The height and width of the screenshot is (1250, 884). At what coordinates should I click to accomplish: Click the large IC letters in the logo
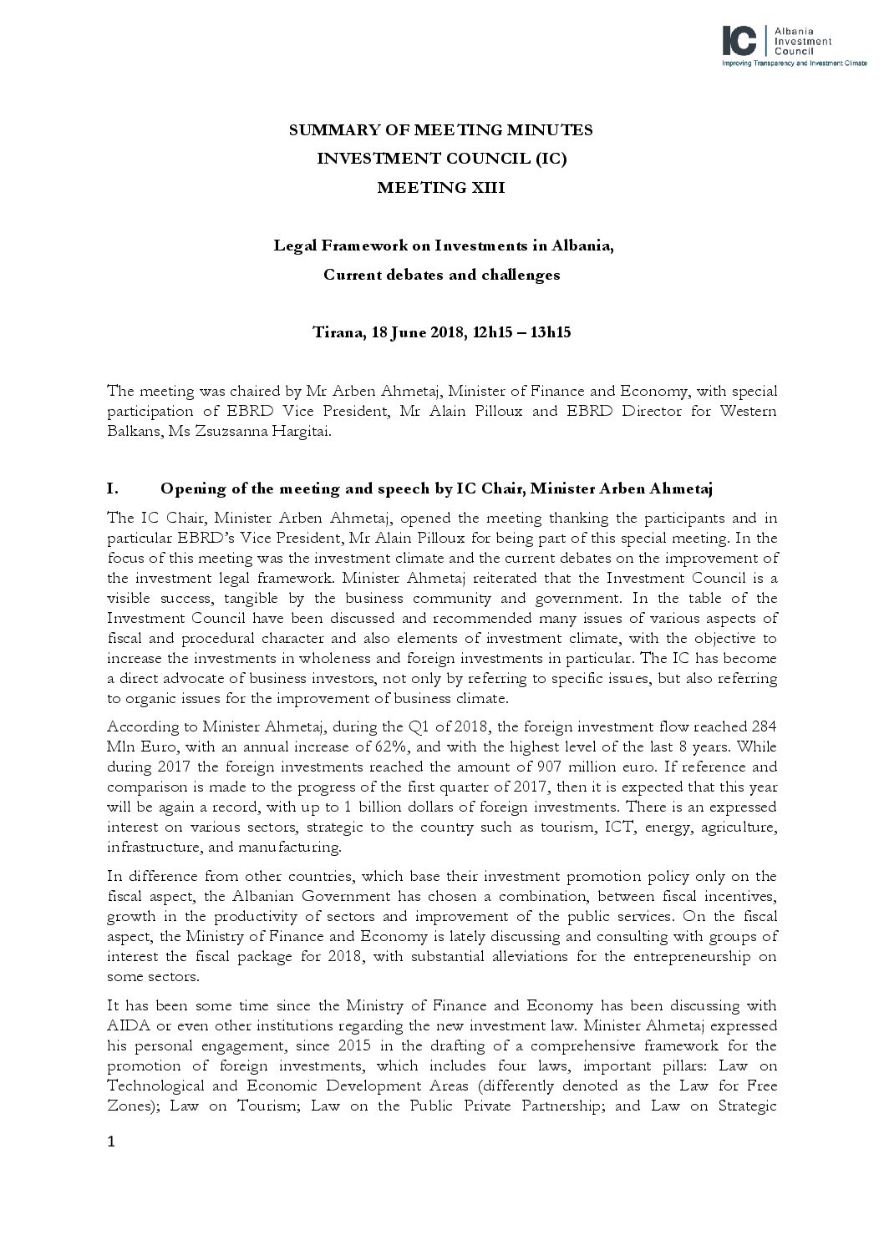739,40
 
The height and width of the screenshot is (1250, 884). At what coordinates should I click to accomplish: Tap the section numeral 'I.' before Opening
114,488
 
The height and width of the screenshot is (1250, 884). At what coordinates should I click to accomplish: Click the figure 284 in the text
765,726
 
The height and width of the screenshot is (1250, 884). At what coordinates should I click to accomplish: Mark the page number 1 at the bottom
111,1143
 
